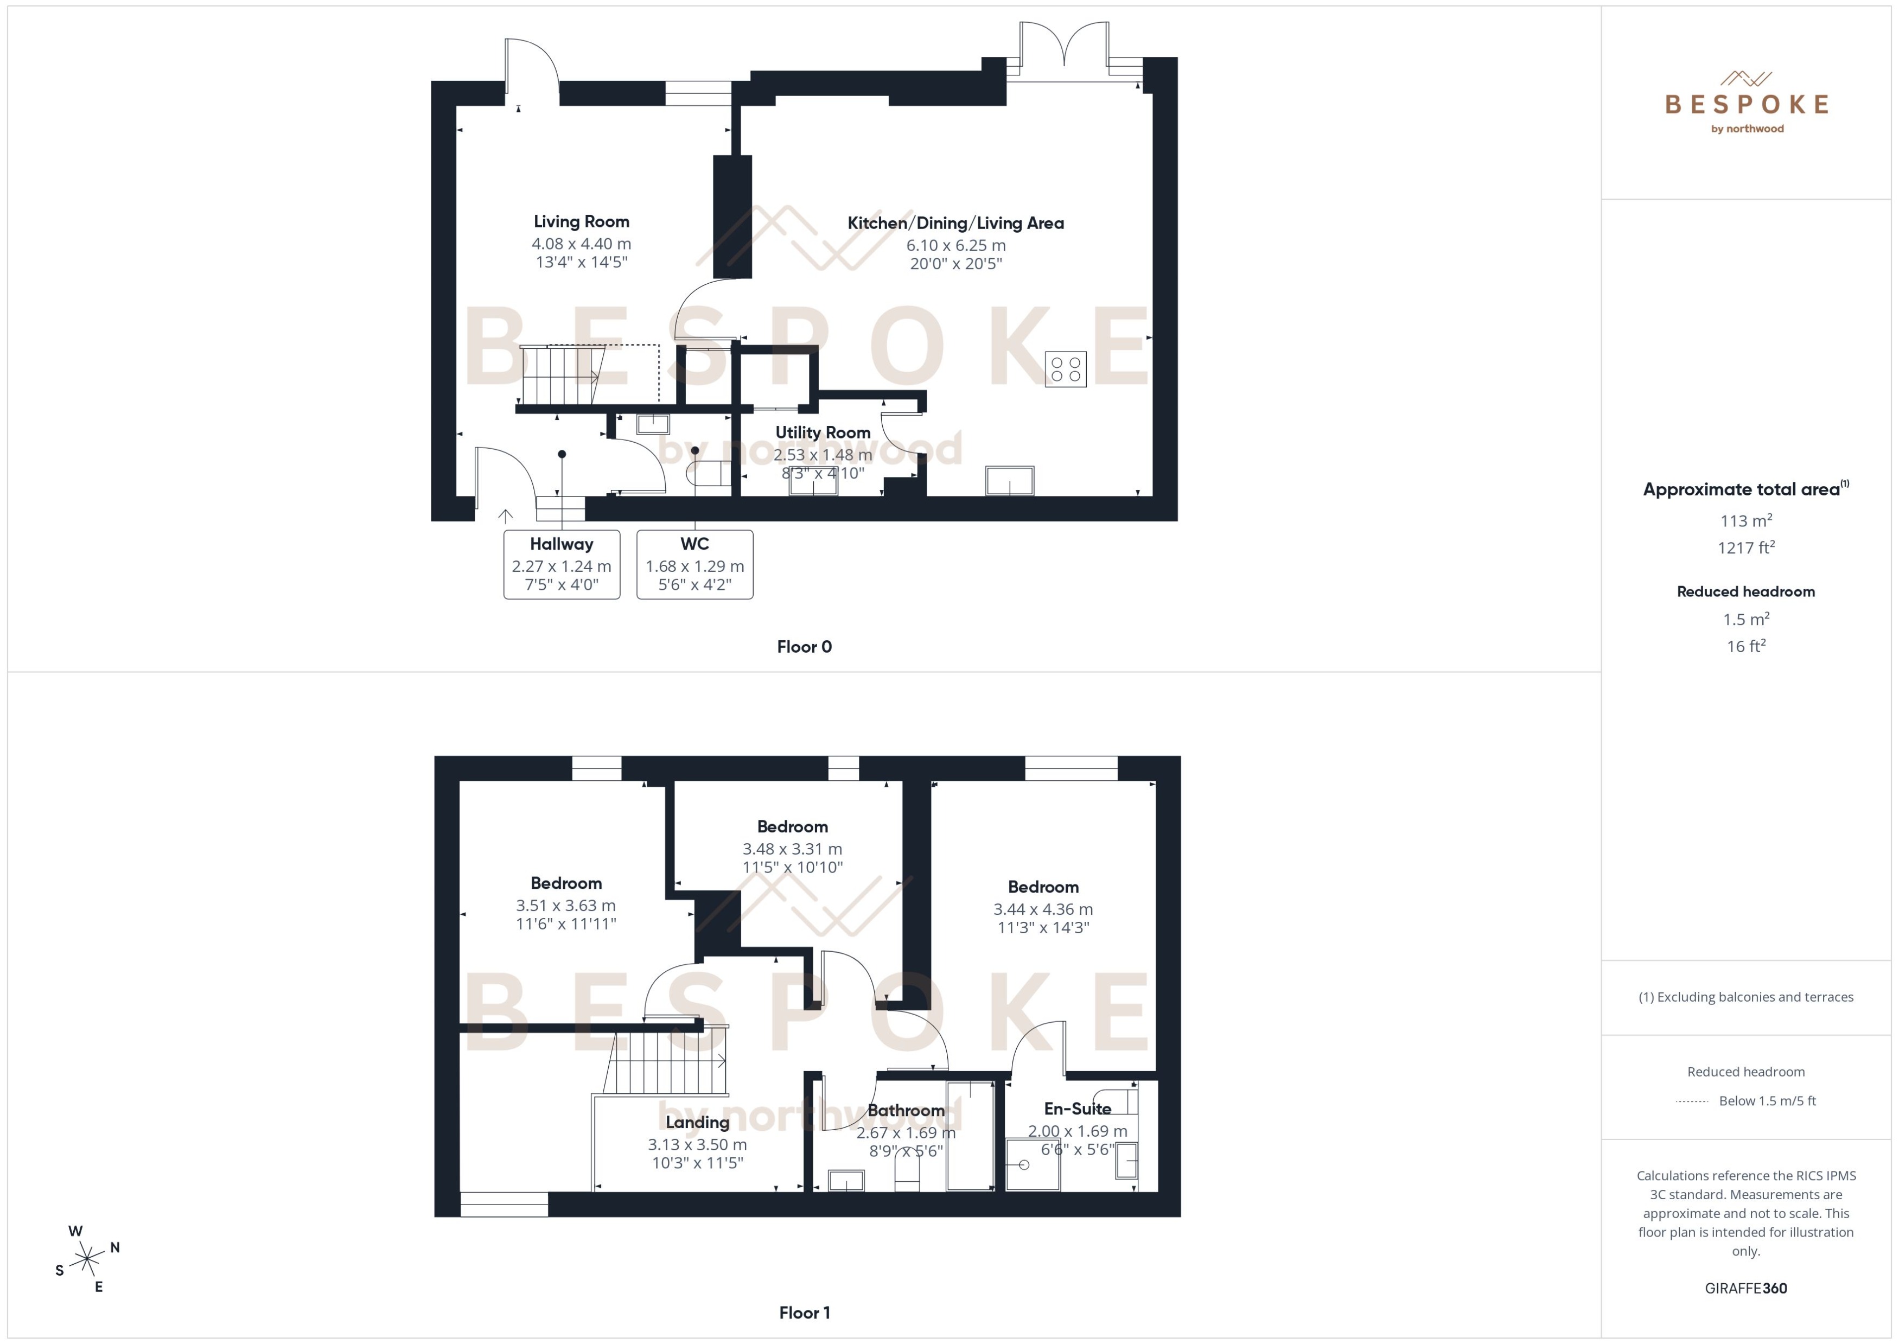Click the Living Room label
581,222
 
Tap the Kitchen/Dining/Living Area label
955,224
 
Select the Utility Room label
823,433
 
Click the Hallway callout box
562,564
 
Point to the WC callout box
694,564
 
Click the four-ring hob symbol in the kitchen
1065,369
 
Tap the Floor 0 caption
804,647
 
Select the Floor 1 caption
804,1313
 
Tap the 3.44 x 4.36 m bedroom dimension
1043,909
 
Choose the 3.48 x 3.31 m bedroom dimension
792,849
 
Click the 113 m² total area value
1746,521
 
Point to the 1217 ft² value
1746,548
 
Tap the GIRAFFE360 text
1746,1289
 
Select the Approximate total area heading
1742,490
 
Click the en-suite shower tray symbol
1033,1164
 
